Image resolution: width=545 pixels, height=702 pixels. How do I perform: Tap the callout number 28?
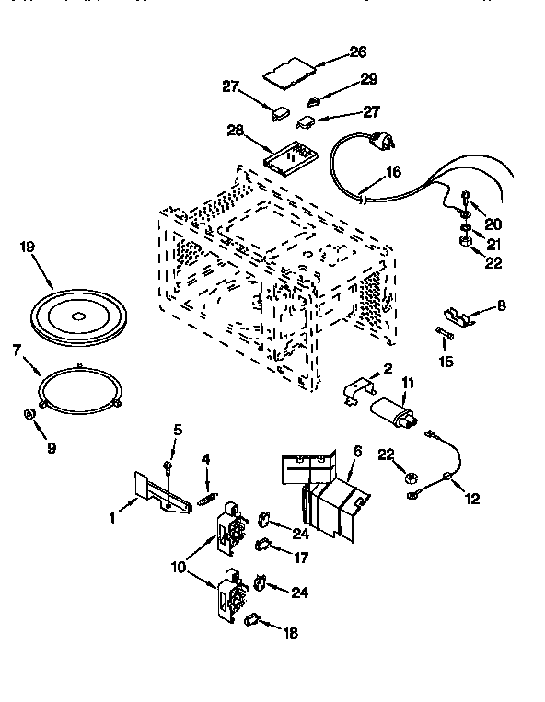tap(236, 131)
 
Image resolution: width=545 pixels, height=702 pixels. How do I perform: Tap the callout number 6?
tap(356, 452)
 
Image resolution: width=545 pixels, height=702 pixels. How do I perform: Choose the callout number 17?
tap(299, 558)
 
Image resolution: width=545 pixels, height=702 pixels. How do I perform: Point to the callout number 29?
tap(369, 80)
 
